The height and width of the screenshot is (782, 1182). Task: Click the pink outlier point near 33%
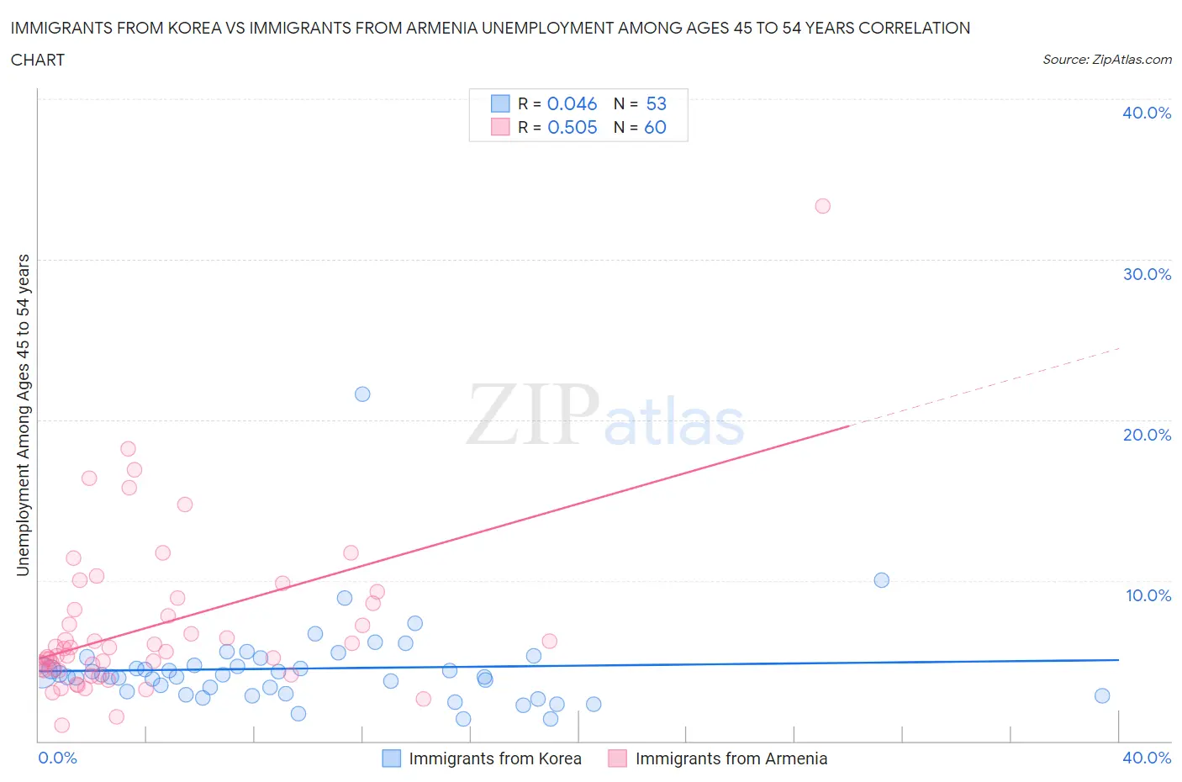[x=822, y=206]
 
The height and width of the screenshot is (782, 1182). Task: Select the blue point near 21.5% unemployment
[x=362, y=394]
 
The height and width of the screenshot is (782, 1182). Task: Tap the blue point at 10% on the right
[x=881, y=580]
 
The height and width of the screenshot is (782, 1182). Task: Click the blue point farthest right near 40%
[x=1102, y=695]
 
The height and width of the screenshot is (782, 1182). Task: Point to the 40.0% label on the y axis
[x=1147, y=113]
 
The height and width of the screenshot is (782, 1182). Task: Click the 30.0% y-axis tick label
[x=1147, y=274]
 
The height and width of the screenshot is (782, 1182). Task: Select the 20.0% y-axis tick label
[x=1147, y=435]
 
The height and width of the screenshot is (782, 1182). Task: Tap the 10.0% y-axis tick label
[x=1148, y=595]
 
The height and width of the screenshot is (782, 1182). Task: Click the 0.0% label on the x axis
[x=57, y=758]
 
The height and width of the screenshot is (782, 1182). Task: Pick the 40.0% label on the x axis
[x=1147, y=758]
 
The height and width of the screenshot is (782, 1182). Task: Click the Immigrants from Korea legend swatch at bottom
[x=391, y=758]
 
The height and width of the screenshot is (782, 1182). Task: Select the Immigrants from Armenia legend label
[x=731, y=758]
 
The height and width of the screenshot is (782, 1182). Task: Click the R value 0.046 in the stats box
[x=572, y=103]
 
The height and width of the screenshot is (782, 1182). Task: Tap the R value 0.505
[x=572, y=127]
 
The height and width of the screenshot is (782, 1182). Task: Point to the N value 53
[x=656, y=103]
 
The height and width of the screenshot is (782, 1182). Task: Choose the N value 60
[x=655, y=127]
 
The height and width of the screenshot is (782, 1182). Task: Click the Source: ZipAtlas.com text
[x=1106, y=59]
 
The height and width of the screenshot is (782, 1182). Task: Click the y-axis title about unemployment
[x=24, y=415]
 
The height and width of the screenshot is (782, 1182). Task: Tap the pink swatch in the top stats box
[x=500, y=127]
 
